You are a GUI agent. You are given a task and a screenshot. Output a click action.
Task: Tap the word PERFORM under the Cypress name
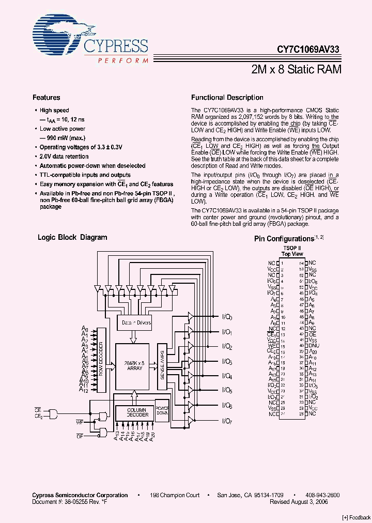tap(122, 60)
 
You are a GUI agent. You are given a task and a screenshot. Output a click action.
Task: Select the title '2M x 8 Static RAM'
tap(297, 69)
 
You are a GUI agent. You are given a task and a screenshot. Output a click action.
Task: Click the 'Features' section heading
tap(46, 98)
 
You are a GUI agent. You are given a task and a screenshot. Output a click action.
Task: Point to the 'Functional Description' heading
tap(227, 98)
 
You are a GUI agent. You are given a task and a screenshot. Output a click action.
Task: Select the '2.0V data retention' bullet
tap(64, 157)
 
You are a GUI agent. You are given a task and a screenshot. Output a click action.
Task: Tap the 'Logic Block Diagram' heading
tap(72, 238)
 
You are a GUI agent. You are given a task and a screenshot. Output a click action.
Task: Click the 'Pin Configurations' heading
tap(284, 239)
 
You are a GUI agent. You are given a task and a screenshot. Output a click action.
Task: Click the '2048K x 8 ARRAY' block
tap(133, 365)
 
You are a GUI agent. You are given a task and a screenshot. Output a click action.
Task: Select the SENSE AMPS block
tap(162, 366)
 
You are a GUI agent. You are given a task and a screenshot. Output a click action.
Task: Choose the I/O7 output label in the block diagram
tap(227, 421)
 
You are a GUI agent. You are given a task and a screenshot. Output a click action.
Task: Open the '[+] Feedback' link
tap(357, 517)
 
